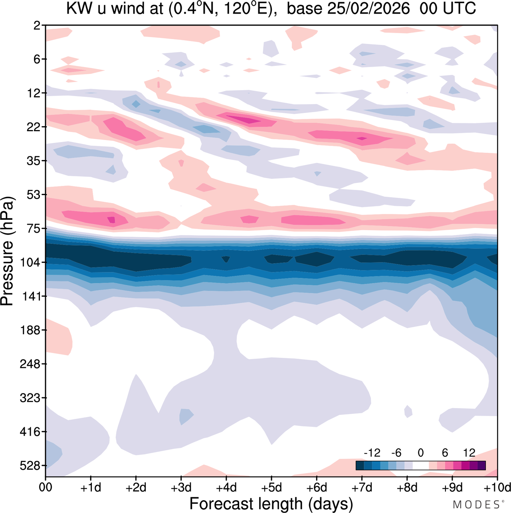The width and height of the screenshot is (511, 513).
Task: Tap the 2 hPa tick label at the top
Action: pyautogui.click(x=37, y=26)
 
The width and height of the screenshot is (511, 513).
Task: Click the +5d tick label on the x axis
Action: pyautogui.click(x=271, y=488)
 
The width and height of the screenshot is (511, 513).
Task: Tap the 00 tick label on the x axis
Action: pyautogui.click(x=46, y=488)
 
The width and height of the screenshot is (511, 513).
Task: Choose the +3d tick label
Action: pyautogui.click(x=181, y=488)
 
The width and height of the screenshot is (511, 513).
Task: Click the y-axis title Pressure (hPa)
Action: pyautogui.click(x=7, y=251)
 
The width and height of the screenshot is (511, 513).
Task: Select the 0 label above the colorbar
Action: pyautogui.click(x=420, y=453)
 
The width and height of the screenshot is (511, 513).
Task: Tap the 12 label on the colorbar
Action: pyautogui.click(x=469, y=453)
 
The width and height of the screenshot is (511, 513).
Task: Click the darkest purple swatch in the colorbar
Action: pyautogui.click(x=481, y=465)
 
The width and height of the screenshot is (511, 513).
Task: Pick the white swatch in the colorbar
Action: pyautogui.click(x=420, y=465)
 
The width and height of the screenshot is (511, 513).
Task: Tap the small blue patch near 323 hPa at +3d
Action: pyautogui.click(x=186, y=416)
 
